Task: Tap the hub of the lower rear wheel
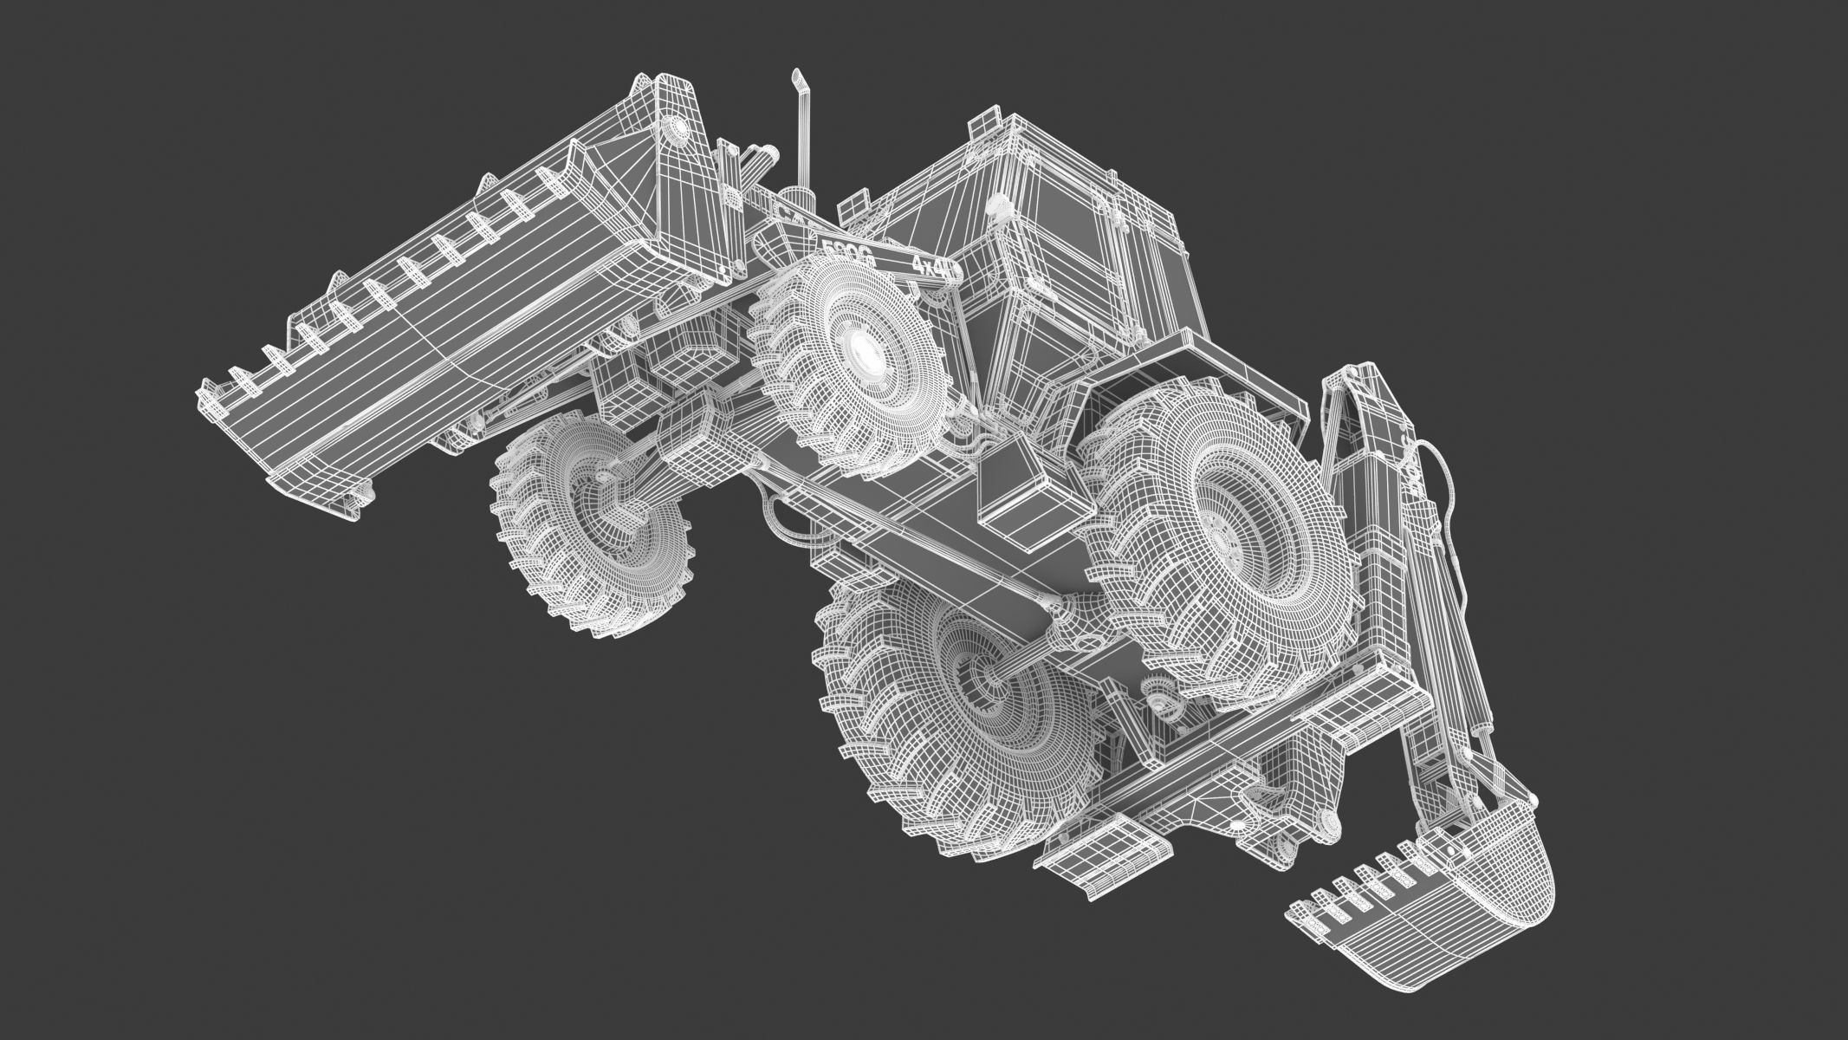(x=979, y=685)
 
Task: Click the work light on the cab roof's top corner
(x=990, y=122)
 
